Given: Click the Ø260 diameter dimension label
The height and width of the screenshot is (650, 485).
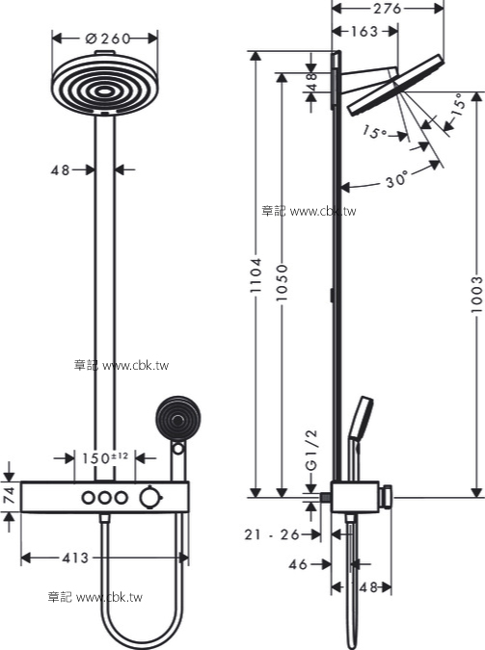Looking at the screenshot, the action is (x=108, y=39).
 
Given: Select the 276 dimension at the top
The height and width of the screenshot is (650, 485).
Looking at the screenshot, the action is (x=387, y=9).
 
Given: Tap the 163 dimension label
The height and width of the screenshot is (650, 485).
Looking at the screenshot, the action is (x=364, y=32).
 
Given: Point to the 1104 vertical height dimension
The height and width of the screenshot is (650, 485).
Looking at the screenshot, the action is (x=256, y=275).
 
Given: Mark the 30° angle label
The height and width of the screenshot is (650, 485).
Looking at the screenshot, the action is (x=395, y=180).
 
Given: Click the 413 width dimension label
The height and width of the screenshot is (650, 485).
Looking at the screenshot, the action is (x=75, y=558).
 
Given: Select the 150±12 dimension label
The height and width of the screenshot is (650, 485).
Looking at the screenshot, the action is (x=105, y=458).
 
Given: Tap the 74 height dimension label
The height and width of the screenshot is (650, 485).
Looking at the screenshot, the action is (x=9, y=495).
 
